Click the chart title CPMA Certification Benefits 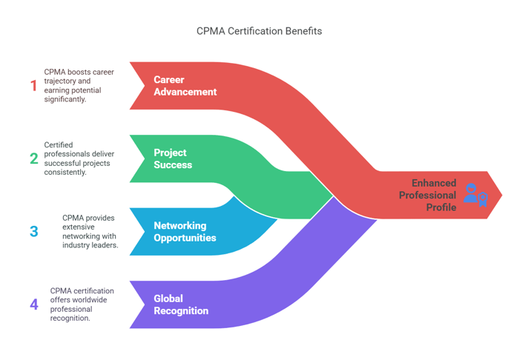259,31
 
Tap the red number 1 33,86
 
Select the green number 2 34,159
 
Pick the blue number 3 34,231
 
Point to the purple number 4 34,304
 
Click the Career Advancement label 185,86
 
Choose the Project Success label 173,159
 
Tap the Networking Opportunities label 185,231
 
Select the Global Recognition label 181,304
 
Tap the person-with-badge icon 475,194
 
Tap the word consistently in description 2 65,172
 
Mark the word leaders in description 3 104,244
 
